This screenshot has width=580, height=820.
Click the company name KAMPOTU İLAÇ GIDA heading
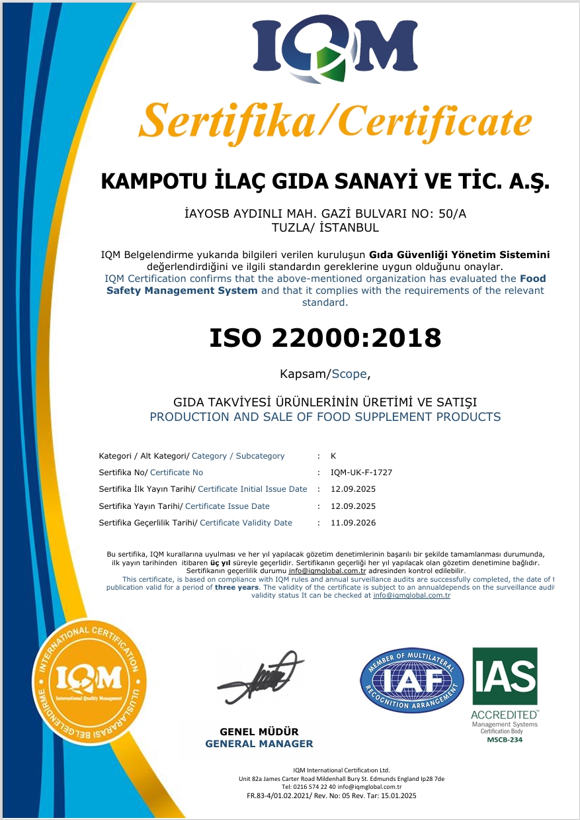325,182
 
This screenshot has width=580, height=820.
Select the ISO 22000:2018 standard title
325,338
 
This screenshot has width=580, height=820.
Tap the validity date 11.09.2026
353,523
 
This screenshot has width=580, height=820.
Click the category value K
333,456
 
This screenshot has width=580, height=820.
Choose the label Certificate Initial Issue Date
253,489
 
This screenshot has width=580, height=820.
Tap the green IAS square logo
504,676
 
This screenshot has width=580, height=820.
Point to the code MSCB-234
504,739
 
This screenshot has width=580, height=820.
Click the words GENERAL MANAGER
259,743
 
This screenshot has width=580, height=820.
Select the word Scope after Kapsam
349,374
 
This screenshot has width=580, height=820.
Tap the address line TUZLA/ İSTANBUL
324,227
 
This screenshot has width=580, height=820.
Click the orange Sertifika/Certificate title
335,121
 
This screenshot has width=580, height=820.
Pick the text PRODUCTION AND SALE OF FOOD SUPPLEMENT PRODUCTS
325,417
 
